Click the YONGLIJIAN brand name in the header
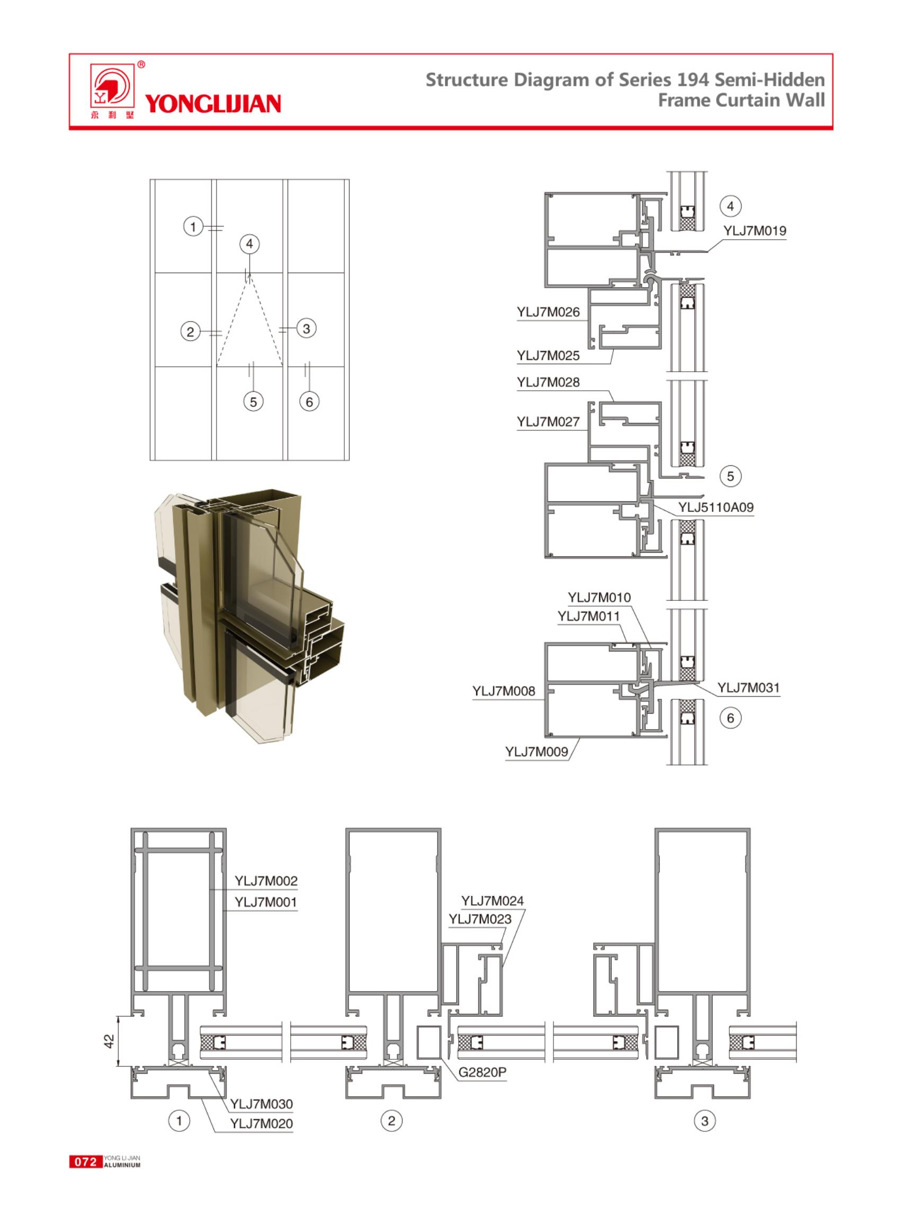213,103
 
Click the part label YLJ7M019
755,230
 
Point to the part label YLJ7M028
548,382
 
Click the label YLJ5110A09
716,507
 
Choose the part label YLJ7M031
748,688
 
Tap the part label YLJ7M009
537,752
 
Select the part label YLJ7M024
492,901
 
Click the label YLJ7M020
261,1123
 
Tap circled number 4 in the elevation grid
249,244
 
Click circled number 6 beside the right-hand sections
730,718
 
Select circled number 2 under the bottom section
391,1121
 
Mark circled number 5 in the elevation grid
253,402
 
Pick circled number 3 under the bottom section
704,1121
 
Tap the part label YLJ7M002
266,880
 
